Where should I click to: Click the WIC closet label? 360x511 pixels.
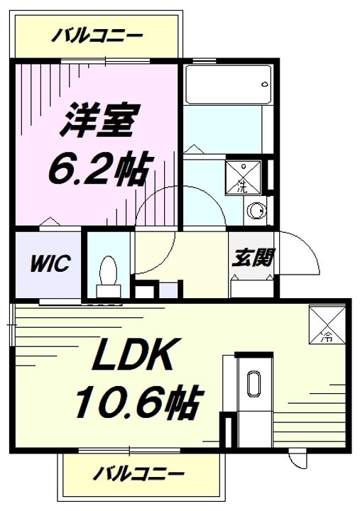[x=49, y=265]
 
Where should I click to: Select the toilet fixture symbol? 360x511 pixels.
[x=109, y=273]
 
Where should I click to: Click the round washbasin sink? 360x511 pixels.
[x=256, y=210]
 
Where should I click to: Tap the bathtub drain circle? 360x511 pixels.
[x=265, y=84]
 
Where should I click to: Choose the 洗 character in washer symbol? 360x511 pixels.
[x=241, y=188]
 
